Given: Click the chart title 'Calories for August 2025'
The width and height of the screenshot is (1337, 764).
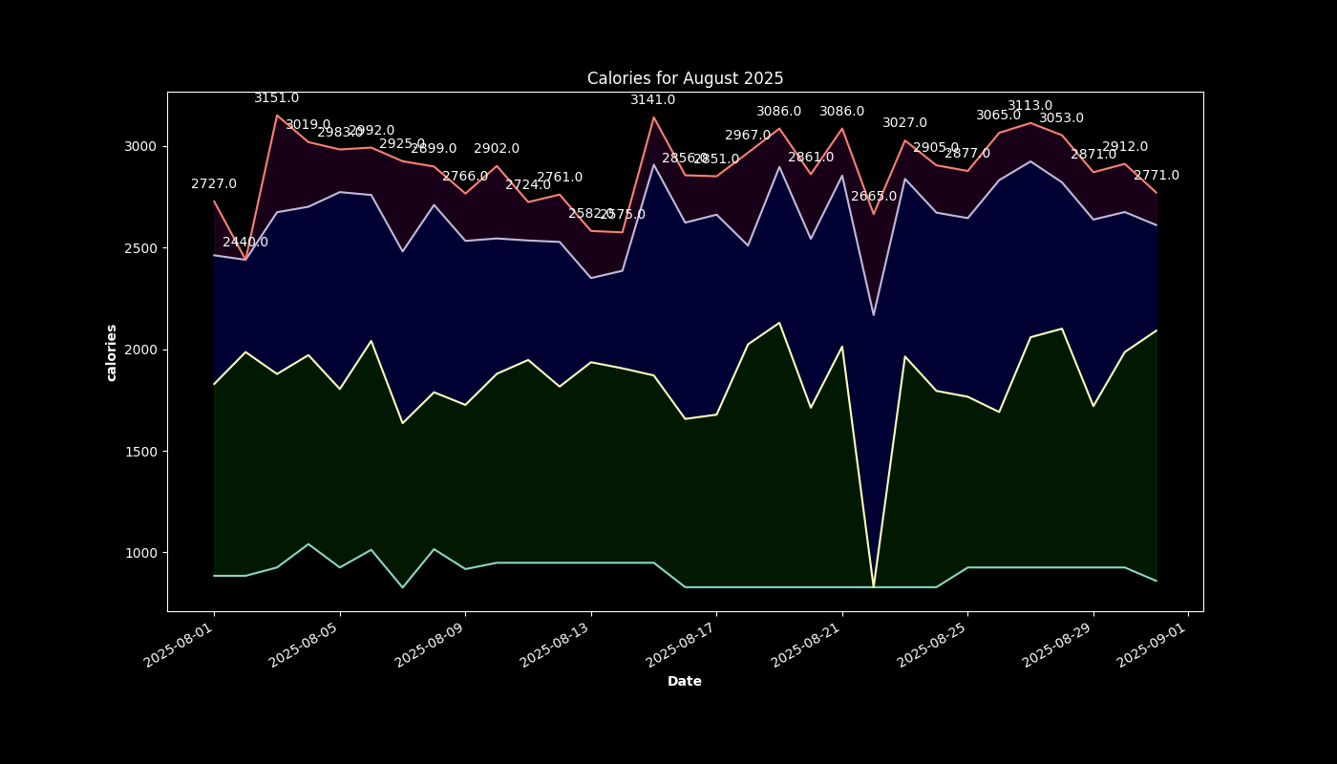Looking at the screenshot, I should (x=685, y=78).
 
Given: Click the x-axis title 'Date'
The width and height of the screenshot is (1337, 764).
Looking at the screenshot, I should (x=685, y=681).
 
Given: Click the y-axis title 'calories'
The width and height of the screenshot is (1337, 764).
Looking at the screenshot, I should (x=112, y=352).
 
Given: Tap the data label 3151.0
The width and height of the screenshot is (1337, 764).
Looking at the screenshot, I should (x=277, y=98).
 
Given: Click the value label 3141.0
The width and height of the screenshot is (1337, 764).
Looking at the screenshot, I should (x=653, y=100).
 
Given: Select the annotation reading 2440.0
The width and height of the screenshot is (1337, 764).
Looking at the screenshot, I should (x=245, y=243).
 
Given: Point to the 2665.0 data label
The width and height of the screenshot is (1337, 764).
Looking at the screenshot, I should (x=874, y=197).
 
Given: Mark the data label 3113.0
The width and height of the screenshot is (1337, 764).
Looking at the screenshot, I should (x=1030, y=106).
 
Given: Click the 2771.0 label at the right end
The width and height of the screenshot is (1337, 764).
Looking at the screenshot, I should (x=1157, y=176).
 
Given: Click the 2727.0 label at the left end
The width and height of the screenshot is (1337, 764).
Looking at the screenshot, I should (x=214, y=184).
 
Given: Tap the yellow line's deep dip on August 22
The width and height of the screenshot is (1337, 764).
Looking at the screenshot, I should (x=873, y=585).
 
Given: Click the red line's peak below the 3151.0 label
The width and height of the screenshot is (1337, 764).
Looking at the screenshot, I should (x=277, y=116).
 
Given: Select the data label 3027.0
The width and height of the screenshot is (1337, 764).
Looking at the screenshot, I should (x=904, y=123).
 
